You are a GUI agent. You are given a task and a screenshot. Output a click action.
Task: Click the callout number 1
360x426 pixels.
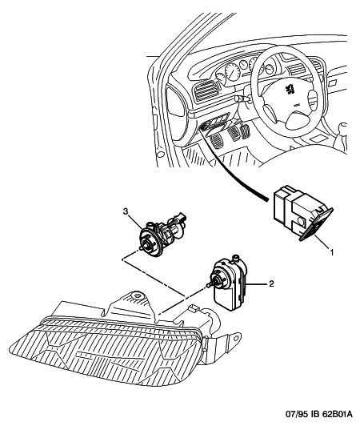pos(331,252)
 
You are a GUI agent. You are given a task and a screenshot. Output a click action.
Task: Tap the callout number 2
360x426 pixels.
pos(271,283)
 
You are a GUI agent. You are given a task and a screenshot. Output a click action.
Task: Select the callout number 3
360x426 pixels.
pos(125,211)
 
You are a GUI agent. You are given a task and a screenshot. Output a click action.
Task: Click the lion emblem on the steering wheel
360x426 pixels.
pos(290,89)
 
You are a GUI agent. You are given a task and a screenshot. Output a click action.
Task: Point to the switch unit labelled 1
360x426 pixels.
pos(302,214)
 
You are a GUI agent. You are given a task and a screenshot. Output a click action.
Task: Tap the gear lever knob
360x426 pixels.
pos(343,127)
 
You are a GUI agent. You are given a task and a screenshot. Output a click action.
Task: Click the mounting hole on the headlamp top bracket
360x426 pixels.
pos(137,295)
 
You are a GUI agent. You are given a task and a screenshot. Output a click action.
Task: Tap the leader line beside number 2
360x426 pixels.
pos(256,284)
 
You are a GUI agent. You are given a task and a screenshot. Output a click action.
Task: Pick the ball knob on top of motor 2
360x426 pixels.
pos(236,256)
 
